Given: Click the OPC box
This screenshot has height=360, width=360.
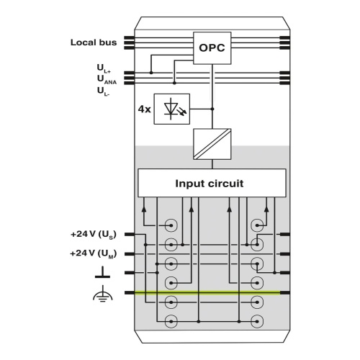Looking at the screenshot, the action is pyautogui.click(x=212, y=48).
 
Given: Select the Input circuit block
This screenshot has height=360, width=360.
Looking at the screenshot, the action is pyautogui.click(x=212, y=183).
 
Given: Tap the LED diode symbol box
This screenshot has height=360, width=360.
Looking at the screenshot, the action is pyautogui.click(x=172, y=109).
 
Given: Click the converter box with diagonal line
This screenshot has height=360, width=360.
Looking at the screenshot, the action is pyautogui.click(x=212, y=144).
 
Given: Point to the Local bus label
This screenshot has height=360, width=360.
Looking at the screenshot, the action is pyautogui.click(x=94, y=42).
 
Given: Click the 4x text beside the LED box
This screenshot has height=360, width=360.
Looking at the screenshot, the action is pyautogui.click(x=144, y=109).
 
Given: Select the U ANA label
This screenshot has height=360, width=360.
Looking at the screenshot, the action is pyautogui.click(x=107, y=80).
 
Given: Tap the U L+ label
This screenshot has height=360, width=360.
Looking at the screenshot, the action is pyautogui.click(x=104, y=68).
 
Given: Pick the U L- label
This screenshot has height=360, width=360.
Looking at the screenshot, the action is pyautogui.click(x=104, y=91).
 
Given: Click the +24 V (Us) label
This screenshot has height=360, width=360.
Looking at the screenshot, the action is pyautogui.click(x=94, y=234).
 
